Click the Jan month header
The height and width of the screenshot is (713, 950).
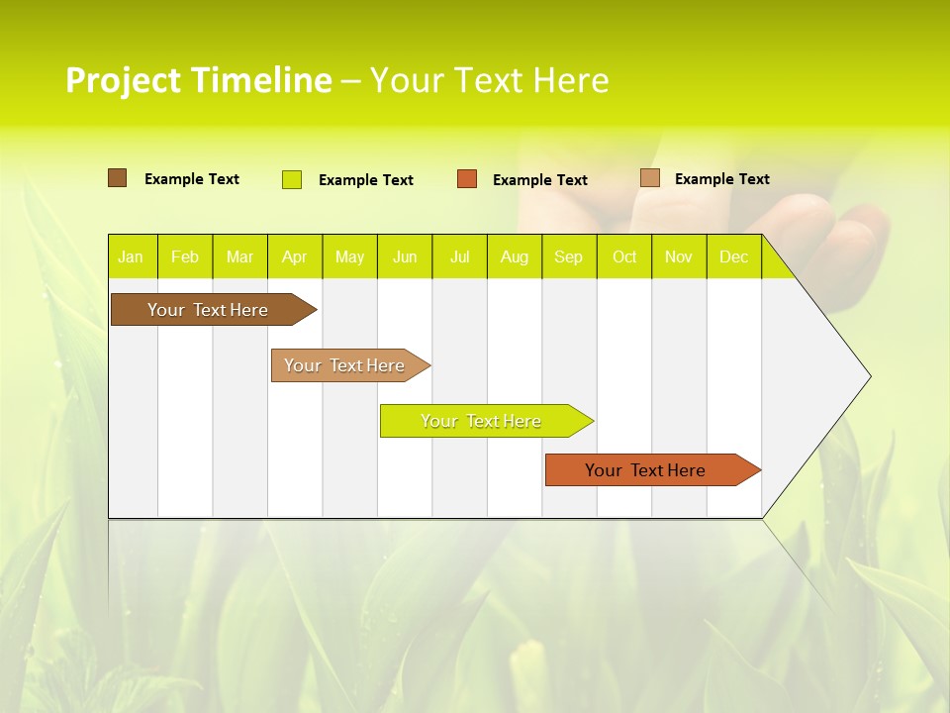coord(131,256)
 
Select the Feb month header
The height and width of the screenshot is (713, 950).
coord(185,256)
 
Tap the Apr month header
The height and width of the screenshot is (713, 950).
coord(294,256)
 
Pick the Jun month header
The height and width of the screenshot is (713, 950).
coord(405,256)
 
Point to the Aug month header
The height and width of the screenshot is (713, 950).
coord(514,256)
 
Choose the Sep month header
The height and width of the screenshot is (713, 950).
coord(568,256)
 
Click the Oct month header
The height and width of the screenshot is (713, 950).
coord(624,256)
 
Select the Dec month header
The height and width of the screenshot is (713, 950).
coord(733,256)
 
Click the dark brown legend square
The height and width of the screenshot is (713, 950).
coord(118,178)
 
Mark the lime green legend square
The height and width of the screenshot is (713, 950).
coord(292,179)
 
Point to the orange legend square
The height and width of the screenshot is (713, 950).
coord(467,179)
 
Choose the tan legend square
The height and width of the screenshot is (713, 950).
coord(649,178)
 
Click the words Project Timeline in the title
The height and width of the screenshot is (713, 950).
coord(198,80)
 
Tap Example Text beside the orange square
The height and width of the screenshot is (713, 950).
coord(539,180)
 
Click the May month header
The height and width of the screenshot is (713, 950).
coord(349,256)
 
